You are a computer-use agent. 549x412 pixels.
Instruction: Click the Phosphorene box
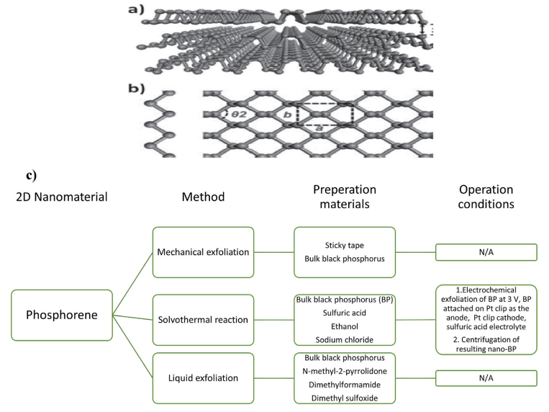tap(62, 315)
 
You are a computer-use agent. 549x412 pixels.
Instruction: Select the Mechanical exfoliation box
tap(204, 251)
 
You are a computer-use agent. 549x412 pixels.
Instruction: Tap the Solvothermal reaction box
tap(204, 319)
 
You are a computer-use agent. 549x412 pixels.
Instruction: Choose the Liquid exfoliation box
tap(204, 378)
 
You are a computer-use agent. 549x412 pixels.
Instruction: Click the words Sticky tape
tap(345, 245)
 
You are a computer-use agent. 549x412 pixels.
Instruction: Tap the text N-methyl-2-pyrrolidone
tap(345, 371)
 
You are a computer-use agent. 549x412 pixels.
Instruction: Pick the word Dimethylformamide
tap(345, 385)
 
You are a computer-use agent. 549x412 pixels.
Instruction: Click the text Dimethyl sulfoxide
tap(345, 398)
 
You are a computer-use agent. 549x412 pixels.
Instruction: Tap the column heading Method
tap(203, 196)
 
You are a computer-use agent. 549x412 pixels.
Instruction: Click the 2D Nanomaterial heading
tap(61, 196)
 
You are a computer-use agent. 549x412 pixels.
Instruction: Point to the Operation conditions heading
tap(486, 197)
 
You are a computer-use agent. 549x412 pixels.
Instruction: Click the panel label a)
tap(156, 12)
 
